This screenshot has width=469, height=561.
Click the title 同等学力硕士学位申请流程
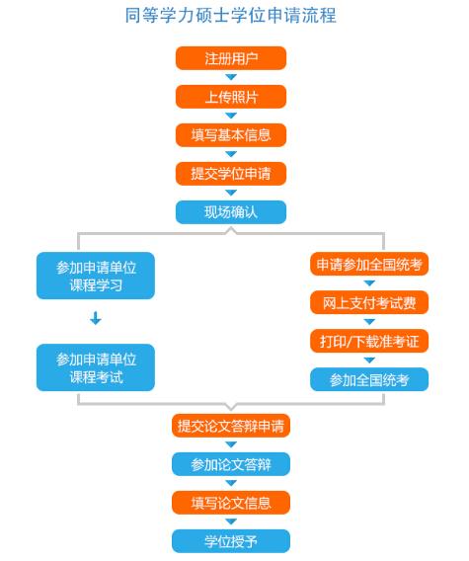[231, 16]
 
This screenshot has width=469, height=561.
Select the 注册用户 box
[231, 58]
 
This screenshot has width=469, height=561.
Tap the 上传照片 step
[231, 97]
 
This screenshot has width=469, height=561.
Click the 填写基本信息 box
[231, 135]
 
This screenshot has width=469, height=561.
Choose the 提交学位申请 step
[231, 174]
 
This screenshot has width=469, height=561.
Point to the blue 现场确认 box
[231, 212]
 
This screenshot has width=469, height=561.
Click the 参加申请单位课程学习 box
[96, 276]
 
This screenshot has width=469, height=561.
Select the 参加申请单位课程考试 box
[96, 367]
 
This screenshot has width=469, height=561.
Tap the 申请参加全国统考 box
[369, 264]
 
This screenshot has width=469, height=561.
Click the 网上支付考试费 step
[369, 302]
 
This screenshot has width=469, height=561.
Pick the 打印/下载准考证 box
[369, 341]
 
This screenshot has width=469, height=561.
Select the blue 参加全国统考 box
[369, 379]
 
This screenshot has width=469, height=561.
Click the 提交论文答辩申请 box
[231, 426]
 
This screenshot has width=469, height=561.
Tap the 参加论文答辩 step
[231, 464]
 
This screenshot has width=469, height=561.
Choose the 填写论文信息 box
[231, 503]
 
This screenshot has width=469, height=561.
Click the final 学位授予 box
[231, 541]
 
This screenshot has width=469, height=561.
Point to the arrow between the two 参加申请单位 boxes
[96, 318]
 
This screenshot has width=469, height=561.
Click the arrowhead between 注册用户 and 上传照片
[231, 77]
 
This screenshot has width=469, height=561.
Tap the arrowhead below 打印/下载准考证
[369, 360]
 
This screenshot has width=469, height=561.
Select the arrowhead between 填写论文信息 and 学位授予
[231, 521]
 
